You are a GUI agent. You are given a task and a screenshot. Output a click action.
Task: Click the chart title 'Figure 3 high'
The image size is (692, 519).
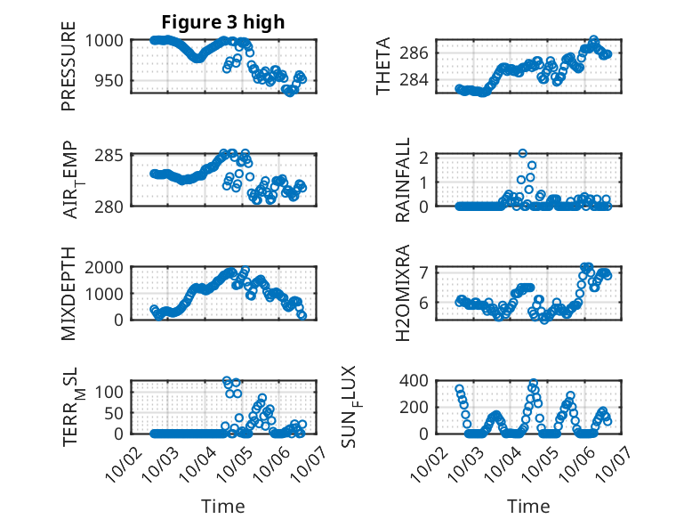tap(222, 22)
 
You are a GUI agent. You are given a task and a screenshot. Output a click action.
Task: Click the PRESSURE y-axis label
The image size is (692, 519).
tap(68, 68)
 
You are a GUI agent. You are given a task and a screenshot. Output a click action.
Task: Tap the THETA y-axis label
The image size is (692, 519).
tap(383, 66)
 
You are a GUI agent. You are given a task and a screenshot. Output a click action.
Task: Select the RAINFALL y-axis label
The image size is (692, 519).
tap(403, 180)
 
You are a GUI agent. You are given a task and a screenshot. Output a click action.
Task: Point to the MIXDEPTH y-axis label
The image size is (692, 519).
tap(68, 294)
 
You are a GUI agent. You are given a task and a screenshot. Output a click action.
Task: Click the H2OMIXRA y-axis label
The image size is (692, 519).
tap(403, 294)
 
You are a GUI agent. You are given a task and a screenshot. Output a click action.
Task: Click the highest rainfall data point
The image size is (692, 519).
tap(523, 154)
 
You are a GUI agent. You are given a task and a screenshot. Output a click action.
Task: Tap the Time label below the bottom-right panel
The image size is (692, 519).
tap(528, 507)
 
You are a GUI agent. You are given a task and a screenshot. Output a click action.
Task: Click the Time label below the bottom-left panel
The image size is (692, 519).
tap(222, 507)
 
